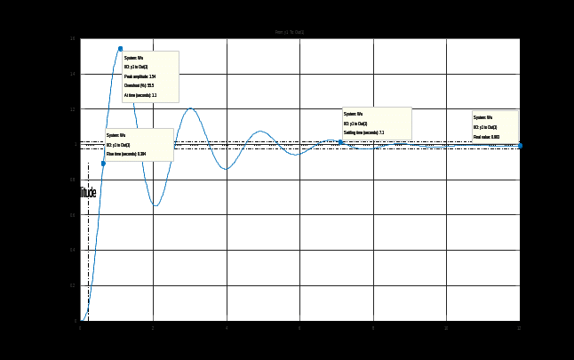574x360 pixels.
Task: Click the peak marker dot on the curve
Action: tap(120, 48)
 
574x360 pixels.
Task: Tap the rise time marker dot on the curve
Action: tap(103, 163)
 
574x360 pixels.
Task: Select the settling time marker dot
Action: tap(340, 142)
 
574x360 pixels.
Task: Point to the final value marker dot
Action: tap(519, 145)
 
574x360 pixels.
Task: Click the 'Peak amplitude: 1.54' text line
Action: tap(140, 77)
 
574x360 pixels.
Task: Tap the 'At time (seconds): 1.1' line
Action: tap(140, 95)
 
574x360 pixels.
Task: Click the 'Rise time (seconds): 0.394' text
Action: tap(126, 155)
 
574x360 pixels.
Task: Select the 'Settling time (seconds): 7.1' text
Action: tap(364, 132)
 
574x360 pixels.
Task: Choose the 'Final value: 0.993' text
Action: tap(487, 137)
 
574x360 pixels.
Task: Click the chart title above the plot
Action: tap(290, 32)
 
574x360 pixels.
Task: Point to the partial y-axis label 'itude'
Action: tap(88, 193)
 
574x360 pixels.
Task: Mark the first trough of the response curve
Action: tap(155, 205)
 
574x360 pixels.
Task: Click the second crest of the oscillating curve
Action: tap(189, 108)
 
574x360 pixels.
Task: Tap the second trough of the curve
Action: tap(226, 168)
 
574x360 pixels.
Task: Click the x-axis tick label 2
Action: tap(153, 328)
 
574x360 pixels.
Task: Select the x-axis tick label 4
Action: tap(226, 328)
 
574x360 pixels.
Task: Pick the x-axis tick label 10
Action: tap(445, 328)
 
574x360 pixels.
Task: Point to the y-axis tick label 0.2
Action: tap(73, 285)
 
